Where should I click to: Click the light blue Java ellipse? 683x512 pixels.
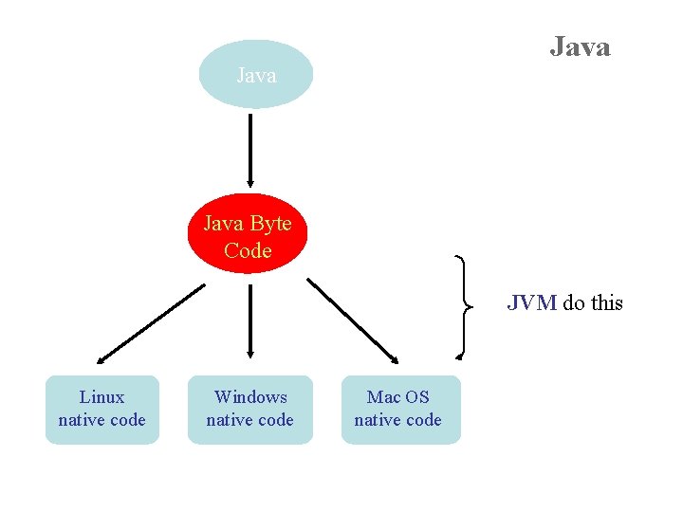click(x=256, y=75)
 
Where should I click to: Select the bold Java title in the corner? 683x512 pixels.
click(x=580, y=46)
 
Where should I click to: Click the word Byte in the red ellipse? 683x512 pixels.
click(x=271, y=224)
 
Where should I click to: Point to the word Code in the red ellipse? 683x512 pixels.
click(x=249, y=251)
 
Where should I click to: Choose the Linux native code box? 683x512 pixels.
click(x=102, y=409)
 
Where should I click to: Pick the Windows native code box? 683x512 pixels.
click(x=249, y=409)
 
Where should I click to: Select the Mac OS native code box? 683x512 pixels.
click(x=399, y=409)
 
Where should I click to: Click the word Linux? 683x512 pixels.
click(x=102, y=397)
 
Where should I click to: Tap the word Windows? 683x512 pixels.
click(x=250, y=397)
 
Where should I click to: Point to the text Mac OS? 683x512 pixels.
click(x=398, y=397)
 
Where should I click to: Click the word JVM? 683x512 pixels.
click(x=531, y=303)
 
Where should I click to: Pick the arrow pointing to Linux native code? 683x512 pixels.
click(x=150, y=323)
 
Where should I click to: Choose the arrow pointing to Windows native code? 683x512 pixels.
click(x=249, y=322)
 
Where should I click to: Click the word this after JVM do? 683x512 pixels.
click(x=606, y=303)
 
